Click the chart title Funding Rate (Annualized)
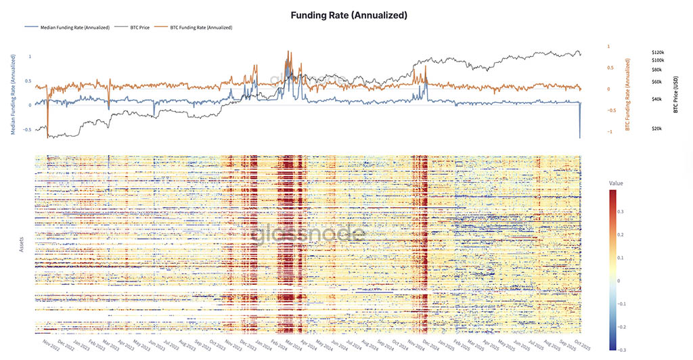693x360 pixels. click(x=346, y=14)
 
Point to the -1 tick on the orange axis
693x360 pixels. click(x=609, y=132)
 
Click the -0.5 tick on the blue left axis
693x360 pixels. click(x=27, y=129)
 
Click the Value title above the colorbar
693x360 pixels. click(x=617, y=183)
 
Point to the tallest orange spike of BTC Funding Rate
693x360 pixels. click(x=288, y=51)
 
